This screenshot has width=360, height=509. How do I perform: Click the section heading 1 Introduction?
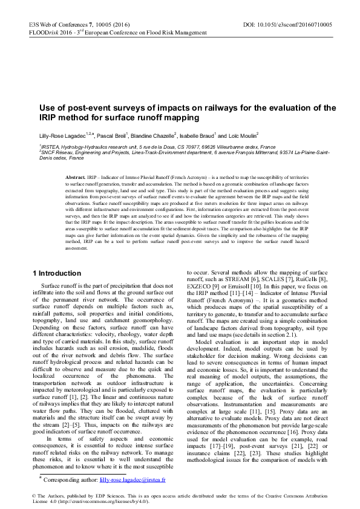pos(56,273)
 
